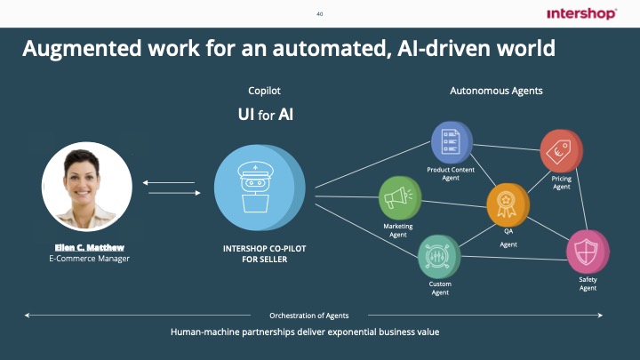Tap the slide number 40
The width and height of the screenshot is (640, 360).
click(320, 13)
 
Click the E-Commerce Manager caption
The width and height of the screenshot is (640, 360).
click(89, 259)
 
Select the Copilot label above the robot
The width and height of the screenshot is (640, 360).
click(264, 91)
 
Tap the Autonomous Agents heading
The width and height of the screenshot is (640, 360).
click(496, 91)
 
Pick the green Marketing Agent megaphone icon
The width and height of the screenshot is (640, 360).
click(400, 197)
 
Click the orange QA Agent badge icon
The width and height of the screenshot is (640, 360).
click(508, 205)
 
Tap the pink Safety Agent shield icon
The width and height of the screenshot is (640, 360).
click(588, 252)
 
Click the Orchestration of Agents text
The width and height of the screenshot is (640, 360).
click(308, 316)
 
